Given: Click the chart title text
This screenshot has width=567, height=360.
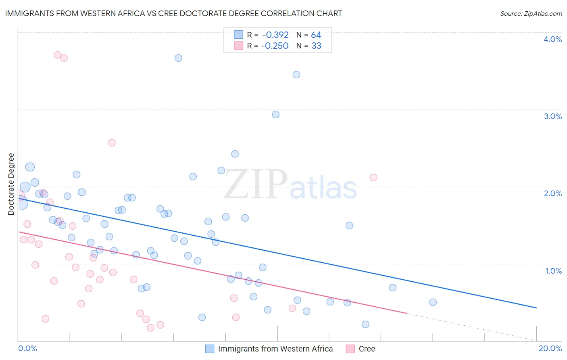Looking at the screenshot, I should click(173, 13).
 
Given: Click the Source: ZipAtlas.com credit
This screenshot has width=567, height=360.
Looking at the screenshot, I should click(531, 14).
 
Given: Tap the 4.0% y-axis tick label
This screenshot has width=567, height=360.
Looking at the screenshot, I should click(552, 39).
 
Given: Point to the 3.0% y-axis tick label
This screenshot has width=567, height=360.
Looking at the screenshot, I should click(552, 116).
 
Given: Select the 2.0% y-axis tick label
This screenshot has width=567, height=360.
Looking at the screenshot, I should click(552, 193).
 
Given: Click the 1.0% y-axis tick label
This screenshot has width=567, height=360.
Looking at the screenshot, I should click(553, 271).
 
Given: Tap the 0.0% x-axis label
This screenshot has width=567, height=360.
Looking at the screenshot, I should click(27, 348).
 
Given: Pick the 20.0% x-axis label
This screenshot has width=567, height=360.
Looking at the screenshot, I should click(550, 348).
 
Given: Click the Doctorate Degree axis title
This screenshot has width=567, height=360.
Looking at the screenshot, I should click(11, 184).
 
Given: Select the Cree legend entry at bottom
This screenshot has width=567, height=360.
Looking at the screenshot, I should click(367, 349).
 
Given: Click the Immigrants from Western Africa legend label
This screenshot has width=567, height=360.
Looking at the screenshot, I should click(275, 349).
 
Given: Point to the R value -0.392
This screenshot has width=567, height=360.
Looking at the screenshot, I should click(275, 35).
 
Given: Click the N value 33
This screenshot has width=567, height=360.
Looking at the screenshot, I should click(317, 46).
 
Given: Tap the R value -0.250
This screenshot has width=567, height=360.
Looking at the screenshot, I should click(275, 46).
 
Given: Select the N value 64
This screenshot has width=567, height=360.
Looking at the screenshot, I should click(316, 35).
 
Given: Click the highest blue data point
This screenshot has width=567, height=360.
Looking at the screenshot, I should click(178, 58).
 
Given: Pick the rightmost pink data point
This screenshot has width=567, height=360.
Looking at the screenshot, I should click(373, 178).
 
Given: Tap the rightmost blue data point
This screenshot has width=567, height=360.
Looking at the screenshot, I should click(433, 302).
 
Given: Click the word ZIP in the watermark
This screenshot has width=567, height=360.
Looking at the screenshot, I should click(256, 184).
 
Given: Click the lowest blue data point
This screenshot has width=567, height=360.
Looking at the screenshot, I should click(365, 324).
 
